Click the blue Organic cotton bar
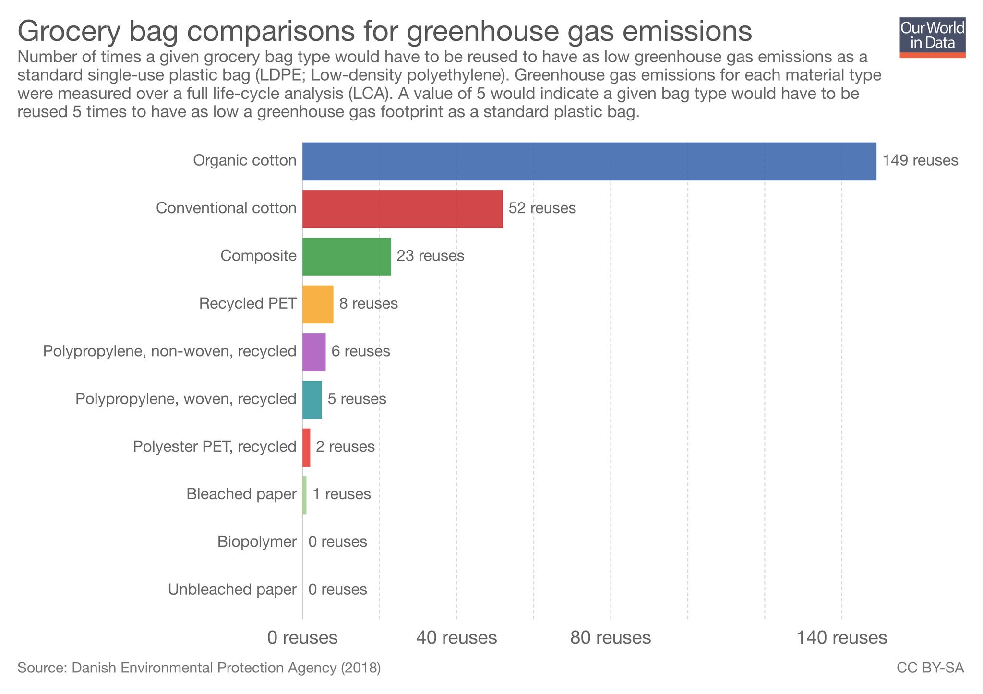[x=589, y=161]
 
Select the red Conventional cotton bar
[x=402, y=209]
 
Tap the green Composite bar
[x=347, y=256]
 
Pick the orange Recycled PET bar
[x=318, y=304]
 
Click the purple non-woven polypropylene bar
[x=314, y=352]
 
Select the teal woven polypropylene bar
[x=312, y=399]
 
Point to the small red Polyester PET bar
[x=306, y=447]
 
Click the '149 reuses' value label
[x=920, y=160]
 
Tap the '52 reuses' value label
[x=542, y=208]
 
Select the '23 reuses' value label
[x=430, y=256]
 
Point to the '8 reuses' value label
[x=368, y=304]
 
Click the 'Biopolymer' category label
[x=257, y=542]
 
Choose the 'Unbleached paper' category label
[x=232, y=589]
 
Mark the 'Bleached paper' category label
[x=241, y=494]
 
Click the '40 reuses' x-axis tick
[x=456, y=638]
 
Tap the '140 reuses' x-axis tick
[x=841, y=638]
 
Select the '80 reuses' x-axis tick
[x=610, y=638]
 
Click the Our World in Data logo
[x=932, y=37]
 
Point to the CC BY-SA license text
[x=930, y=668]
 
